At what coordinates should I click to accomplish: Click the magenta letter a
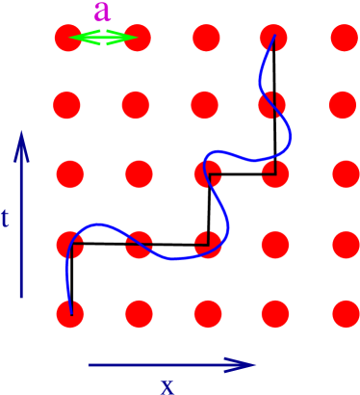103,13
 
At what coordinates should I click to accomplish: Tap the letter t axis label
6,219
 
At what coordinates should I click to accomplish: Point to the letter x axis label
167,385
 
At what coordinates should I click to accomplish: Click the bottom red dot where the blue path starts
70,313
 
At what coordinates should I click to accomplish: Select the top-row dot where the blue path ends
274,39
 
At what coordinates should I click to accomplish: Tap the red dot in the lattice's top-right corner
344,39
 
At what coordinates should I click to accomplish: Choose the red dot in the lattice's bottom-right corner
344,313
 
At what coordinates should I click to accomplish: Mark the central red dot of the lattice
207,174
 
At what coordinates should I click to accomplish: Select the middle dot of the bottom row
207,313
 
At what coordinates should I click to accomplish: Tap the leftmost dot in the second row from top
67,104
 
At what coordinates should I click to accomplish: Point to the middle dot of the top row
206,39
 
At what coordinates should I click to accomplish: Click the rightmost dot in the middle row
345,174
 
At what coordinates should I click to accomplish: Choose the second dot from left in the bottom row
139,313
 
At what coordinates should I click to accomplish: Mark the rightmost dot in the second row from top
342,104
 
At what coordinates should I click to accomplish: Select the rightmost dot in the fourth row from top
344,244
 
